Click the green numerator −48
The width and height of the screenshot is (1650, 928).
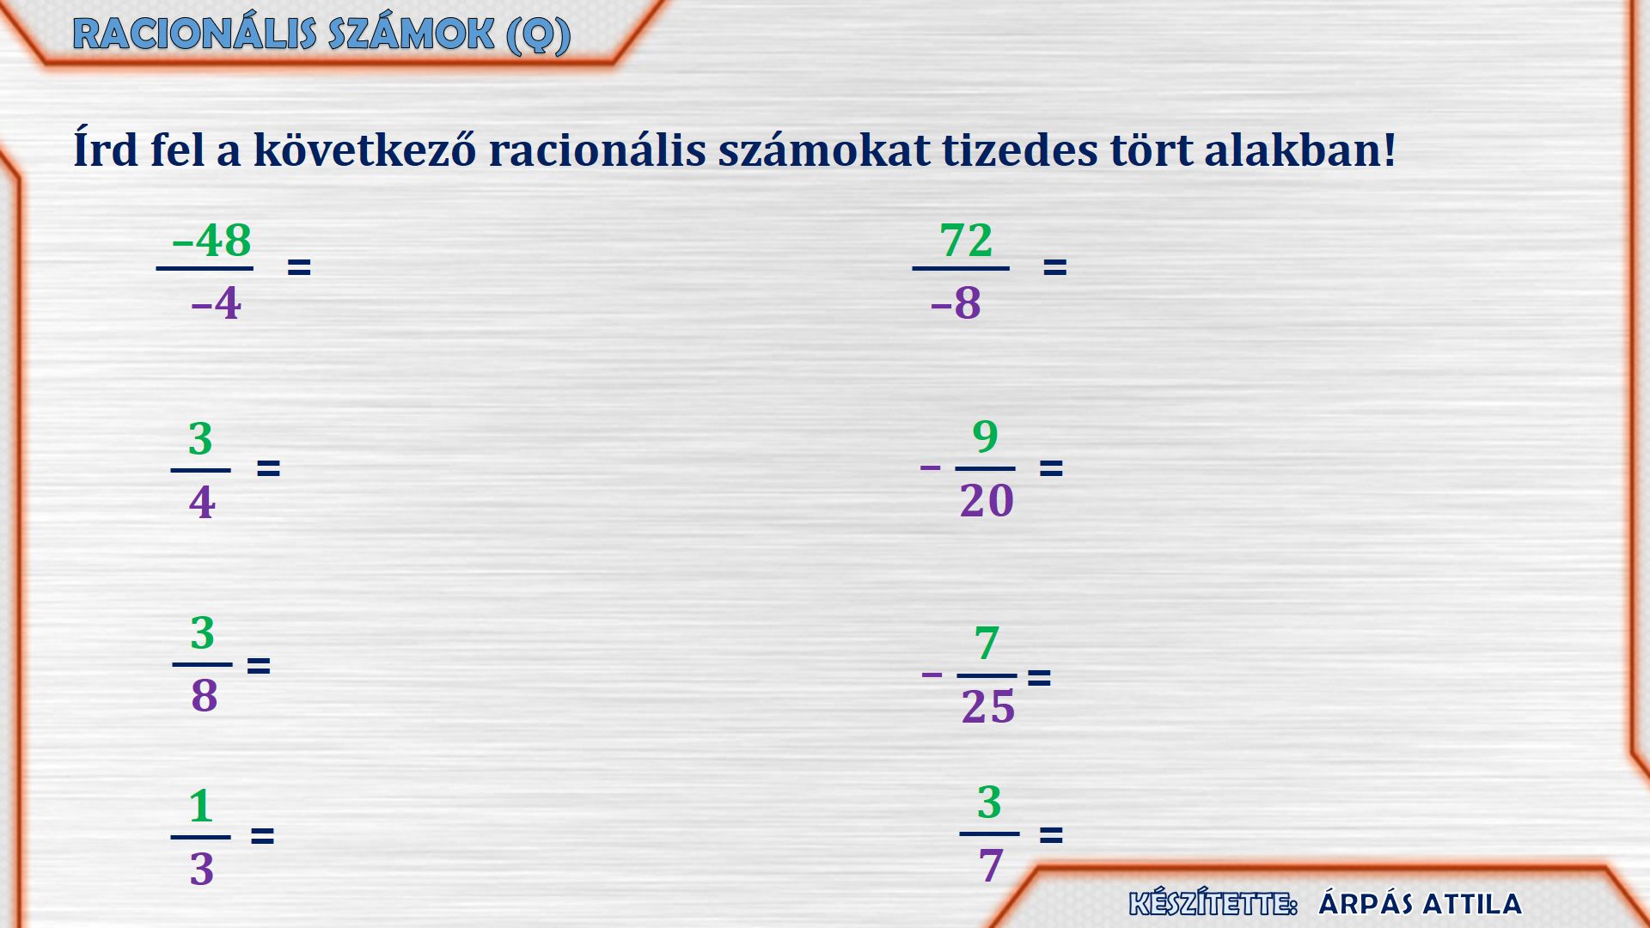tap(211, 241)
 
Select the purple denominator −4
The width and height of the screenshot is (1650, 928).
tap(216, 303)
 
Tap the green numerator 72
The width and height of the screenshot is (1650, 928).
tap(966, 241)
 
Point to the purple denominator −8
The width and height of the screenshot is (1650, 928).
tap(956, 303)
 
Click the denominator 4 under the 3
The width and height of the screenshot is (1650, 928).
tap(202, 503)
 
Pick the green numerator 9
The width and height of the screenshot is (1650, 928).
tap(985, 437)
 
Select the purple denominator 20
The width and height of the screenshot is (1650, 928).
tap(987, 500)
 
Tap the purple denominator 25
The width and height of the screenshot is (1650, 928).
tap(988, 707)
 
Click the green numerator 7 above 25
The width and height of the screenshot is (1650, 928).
tap(987, 644)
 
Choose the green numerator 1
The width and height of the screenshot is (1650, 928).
tap(201, 806)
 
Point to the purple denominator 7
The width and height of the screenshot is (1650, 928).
tap(991, 865)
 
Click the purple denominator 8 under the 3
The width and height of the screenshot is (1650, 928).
tap(205, 696)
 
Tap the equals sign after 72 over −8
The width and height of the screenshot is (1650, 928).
tap(1054, 267)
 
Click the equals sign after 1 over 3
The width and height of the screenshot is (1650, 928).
tap(262, 835)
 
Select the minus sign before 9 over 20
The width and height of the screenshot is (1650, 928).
tap(930, 468)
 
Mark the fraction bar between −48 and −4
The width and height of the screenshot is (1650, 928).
tap(205, 269)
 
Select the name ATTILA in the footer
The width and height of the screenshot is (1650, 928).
tap(1471, 904)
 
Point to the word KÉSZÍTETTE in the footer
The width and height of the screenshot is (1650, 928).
tap(1213, 904)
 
